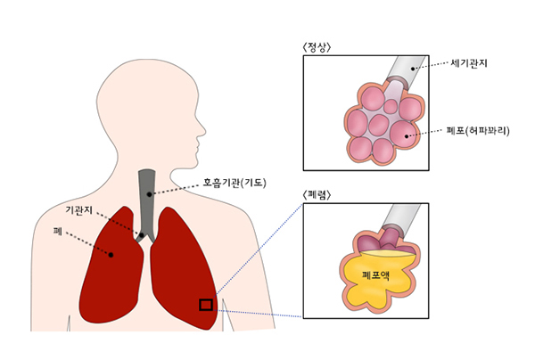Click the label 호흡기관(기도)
pos(235,183)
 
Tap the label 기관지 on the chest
pos(78,210)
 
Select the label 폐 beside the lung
pos(58,232)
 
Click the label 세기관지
pos(469,63)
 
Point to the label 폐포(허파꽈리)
pos(478,131)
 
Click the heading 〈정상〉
pos(317,48)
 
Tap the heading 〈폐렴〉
pos(317,195)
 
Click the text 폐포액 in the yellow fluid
pos(375,274)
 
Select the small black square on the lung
pos(206,305)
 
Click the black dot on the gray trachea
pos(149,194)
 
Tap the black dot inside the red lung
pos(111,255)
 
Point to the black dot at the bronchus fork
pos(142,235)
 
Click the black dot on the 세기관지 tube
pos(413,69)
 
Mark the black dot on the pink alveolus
pos(407,136)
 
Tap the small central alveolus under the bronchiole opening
pos(391,106)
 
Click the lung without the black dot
pos(184,267)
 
